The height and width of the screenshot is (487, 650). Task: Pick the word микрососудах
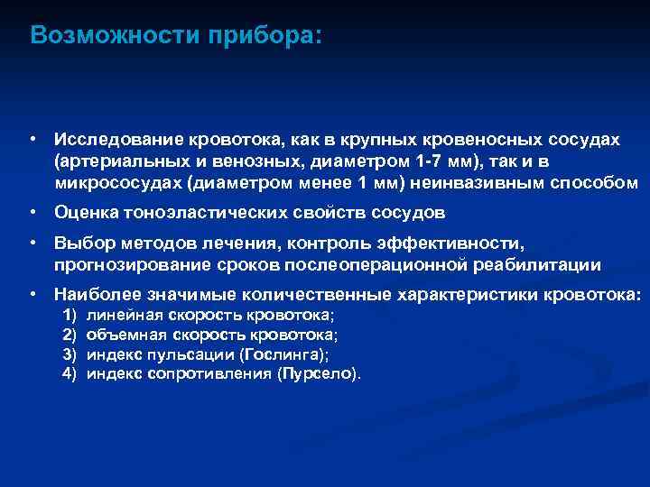pos(117,181)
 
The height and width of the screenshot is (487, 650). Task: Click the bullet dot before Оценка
pos(32,213)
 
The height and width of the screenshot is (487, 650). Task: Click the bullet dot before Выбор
pos(32,243)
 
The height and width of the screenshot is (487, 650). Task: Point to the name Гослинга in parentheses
pos(290,354)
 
